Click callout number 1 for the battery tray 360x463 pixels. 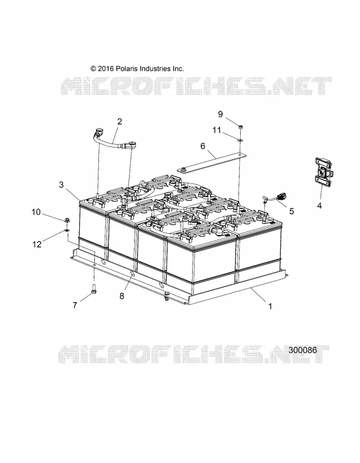coord(270,307)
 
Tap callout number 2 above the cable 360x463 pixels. coord(120,122)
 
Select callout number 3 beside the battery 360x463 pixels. coord(61,185)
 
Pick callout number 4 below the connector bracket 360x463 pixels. coord(319,205)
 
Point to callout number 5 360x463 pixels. coord(292,211)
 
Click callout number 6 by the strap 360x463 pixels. coord(203,146)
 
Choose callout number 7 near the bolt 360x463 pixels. coord(75,305)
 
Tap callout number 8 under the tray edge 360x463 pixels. coord(122,296)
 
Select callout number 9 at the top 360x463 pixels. coord(221,114)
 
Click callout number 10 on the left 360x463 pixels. coord(36,212)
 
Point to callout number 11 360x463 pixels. coord(217,130)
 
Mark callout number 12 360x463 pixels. coord(37,244)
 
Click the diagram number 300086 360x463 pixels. coord(303,350)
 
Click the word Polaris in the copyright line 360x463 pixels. coord(126,68)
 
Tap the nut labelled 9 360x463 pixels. coord(240,127)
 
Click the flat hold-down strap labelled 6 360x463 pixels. coord(212,162)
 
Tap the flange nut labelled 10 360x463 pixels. coord(67,221)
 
